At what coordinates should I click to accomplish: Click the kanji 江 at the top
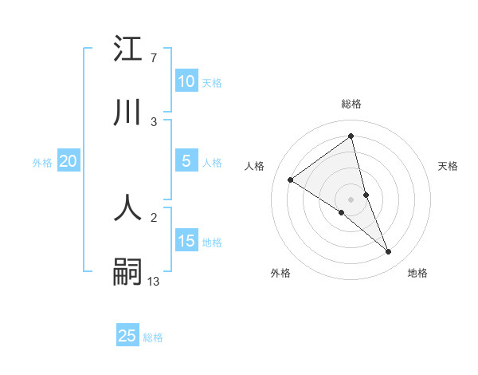(x=127, y=49)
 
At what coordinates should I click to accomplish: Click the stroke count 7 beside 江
(x=153, y=58)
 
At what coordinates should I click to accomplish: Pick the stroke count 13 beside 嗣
(x=154, y=281)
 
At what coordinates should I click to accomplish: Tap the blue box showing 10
(x=186, y=81)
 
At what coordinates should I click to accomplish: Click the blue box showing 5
(x=186, y=161)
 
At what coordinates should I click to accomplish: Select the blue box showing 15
(x=186, y=241)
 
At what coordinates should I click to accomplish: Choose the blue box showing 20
(x=68, y=161)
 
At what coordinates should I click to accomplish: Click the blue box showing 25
(x=127, y=336)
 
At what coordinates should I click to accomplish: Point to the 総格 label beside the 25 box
(x=153, y=337)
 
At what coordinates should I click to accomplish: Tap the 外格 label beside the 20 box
(x=42, y=163)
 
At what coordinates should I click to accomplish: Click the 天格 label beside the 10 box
(x=212, y=83)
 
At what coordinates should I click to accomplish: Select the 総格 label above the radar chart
(x=351, y=104)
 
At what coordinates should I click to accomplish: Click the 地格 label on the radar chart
(x=417, y=273)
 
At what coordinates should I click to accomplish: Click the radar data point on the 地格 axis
(x=389, y=252)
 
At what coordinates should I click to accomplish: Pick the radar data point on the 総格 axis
(x=351, y=136)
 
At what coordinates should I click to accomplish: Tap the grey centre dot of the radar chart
(x=351, y=199)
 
